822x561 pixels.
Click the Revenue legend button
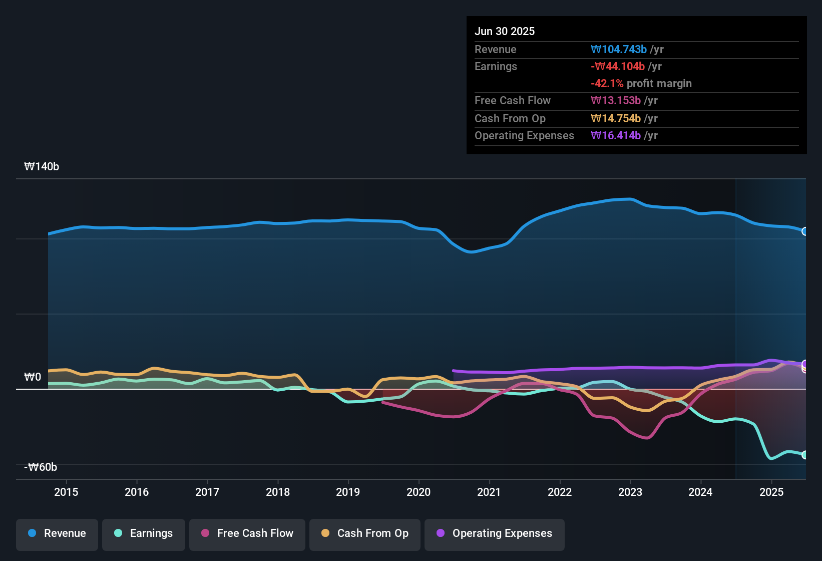57,533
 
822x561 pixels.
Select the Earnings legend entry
144,533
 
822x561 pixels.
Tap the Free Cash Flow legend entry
247,533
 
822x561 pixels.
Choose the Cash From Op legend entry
365,533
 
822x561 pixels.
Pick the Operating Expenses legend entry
495,533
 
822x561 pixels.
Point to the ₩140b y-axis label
42,167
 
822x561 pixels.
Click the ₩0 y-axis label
33,377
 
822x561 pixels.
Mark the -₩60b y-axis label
41,467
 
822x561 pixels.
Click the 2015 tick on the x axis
66,492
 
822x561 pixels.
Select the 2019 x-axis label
348,492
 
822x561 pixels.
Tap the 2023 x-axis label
630,492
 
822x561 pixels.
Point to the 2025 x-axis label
771,492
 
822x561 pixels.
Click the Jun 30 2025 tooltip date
505,32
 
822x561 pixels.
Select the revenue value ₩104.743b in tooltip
619,50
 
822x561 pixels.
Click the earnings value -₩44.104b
618,67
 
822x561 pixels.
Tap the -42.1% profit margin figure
607,84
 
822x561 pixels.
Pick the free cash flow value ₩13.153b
616,101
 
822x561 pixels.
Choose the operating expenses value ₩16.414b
616,136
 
